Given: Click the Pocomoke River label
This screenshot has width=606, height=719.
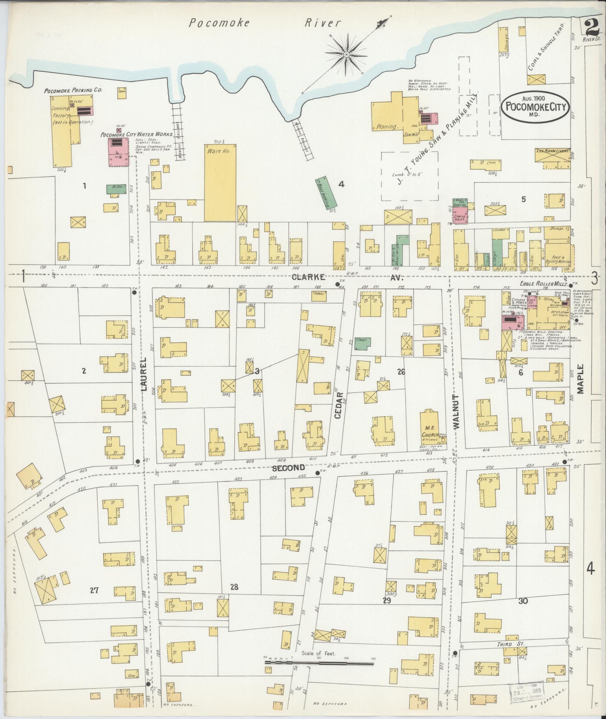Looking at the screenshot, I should tap(264, 23).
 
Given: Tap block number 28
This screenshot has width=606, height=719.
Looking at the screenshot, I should tap(234, 587).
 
